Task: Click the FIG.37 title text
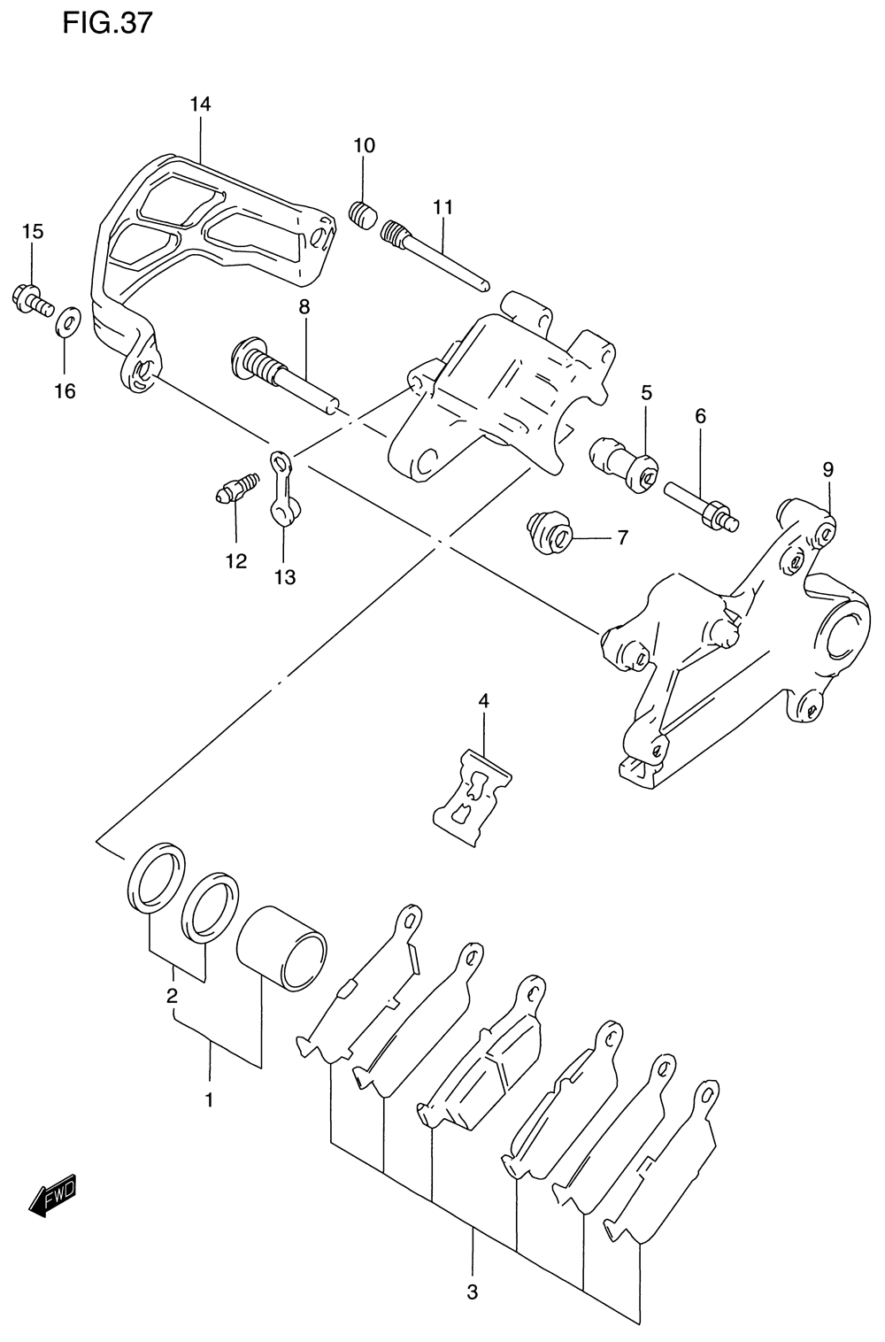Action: point(107,23)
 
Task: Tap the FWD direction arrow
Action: point(54,1195)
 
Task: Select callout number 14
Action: point(200,104)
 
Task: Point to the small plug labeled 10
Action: point(362,213)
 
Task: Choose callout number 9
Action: point(827,469)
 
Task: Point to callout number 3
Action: point(472,1292)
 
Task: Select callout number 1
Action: point(209,1100)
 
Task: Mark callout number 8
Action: point(304,307)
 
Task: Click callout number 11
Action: point(442,207)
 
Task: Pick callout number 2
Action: point(173,995)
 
